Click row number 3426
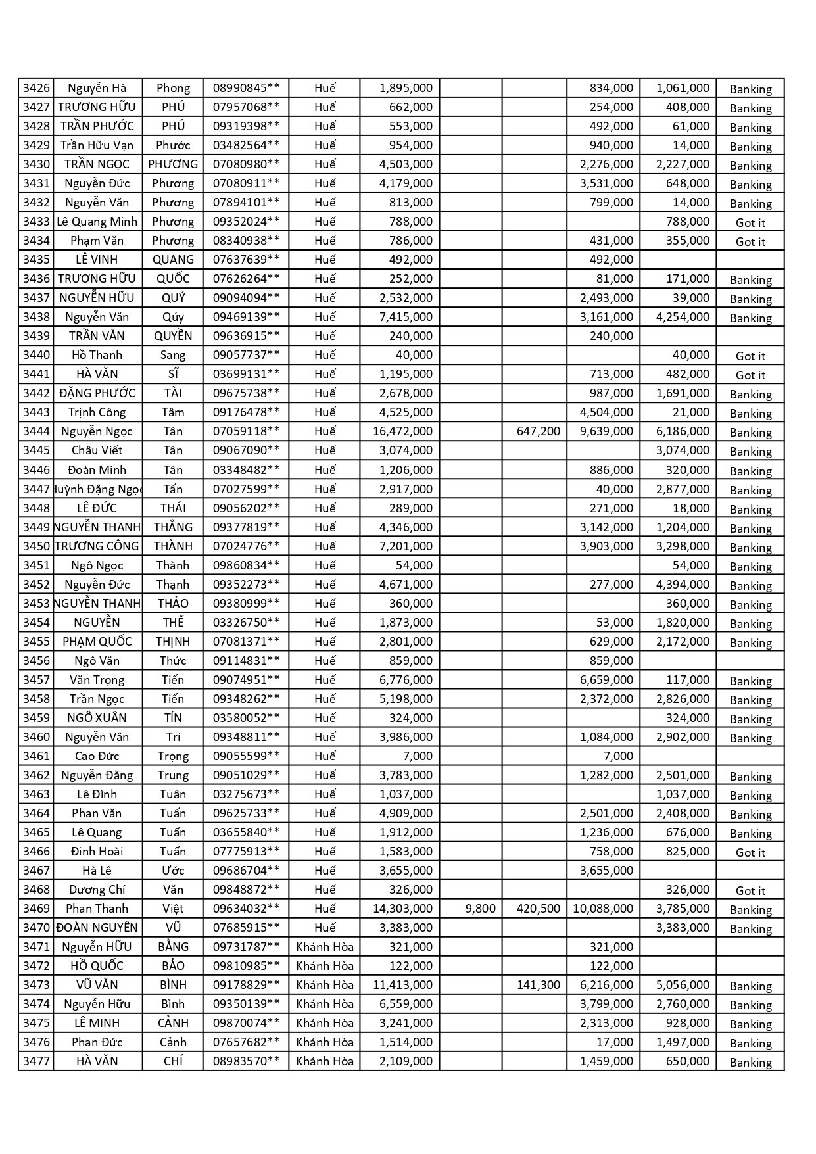[36, 88]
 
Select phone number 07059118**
[246, 431]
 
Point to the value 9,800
[480, 909]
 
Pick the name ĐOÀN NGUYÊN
[97, 928]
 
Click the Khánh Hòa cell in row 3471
[325, 947]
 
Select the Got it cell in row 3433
[750, 223]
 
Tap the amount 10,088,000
[603, 909]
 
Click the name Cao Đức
[97, 756]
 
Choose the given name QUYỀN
[173, 336]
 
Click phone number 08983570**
[246, 1061]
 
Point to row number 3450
[36, 546]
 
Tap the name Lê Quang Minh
[97, 222]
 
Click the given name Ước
[173, 871]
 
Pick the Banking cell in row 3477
[750, 1063]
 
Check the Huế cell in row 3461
[325, 756]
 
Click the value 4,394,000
[683, 585]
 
